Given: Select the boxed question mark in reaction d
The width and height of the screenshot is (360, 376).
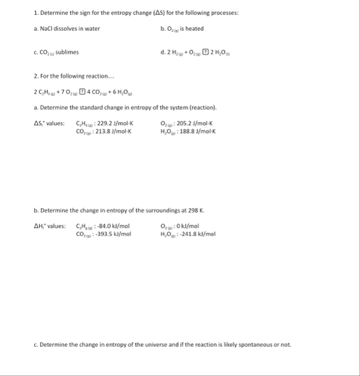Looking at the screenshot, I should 214,52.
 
